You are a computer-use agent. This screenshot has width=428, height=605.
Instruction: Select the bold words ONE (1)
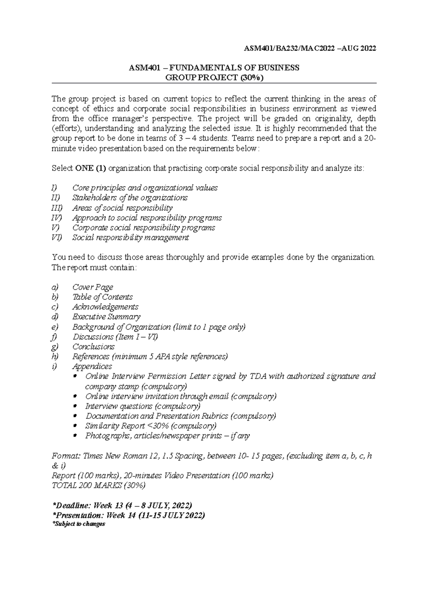[90, 168]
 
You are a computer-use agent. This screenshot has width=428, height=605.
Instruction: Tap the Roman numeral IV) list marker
[57, 218]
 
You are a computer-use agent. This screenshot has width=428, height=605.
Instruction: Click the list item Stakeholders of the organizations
[130, 198]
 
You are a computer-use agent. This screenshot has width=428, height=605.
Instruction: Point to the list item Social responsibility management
[131, 238]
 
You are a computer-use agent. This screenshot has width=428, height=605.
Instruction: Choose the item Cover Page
[93, 287]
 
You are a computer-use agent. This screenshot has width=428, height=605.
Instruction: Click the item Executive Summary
[106, 317]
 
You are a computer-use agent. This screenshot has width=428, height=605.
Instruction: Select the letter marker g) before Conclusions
[55, 347]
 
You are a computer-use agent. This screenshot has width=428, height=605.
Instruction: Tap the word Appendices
[92, 366]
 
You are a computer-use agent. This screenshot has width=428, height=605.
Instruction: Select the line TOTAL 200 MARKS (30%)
[99, 485]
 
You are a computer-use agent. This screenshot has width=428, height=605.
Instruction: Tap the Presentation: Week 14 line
[128, 515]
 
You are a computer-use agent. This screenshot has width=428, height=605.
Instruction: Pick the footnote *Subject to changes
[78, 524]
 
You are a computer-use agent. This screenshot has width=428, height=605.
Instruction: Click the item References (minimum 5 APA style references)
[150, 357]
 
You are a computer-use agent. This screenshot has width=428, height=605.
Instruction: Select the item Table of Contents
[102, 297]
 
